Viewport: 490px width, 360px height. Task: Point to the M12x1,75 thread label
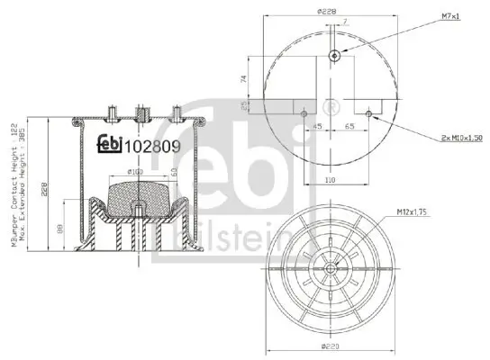point(408,213)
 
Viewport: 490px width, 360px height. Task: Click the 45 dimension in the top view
point(318,127)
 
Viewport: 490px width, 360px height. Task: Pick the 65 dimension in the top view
point(347,127)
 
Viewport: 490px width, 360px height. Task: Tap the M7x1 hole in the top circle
point(334,56)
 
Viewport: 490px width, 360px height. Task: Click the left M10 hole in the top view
point(304,114)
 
